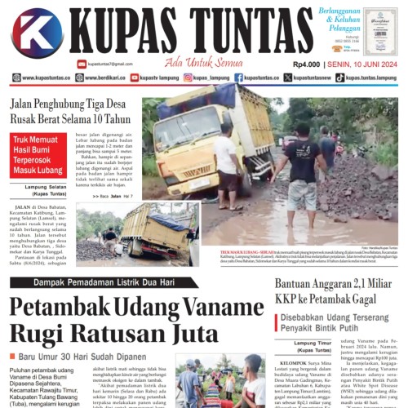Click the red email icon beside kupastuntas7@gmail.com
coord(82,64)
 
